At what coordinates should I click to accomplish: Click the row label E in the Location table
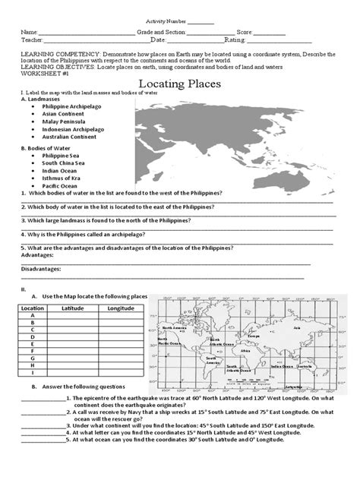[33, 343]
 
